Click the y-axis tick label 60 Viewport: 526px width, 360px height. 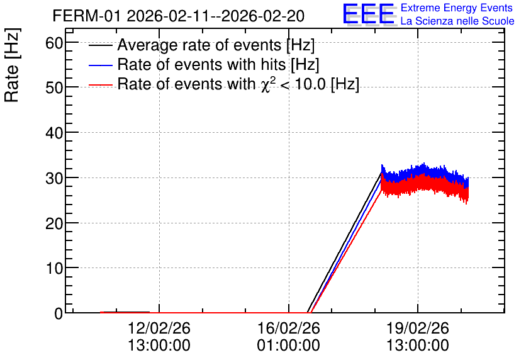(x=54, y=43)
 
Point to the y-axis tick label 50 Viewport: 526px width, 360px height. (x=54, y=88)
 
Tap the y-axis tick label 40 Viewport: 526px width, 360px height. (x=54, y=133)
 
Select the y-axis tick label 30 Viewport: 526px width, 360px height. (x=54, y=179)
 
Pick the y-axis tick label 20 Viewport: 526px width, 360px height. (x=54, y=223)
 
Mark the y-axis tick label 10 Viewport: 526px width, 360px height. (x=54, y=268)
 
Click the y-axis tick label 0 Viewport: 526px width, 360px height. (x=59, y=313)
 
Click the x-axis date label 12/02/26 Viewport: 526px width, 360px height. (x=159, y=328)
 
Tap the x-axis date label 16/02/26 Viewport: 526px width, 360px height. (x=289, y=328)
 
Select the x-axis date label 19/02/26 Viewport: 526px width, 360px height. (x=418, y=328)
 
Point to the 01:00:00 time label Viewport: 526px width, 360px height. (x=289, y=346)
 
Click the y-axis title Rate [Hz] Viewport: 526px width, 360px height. (x=12, y=65)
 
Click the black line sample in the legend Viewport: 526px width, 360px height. (x=101, y=45)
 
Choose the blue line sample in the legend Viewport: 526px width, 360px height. (x=101, y=65)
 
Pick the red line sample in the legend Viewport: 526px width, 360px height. (x=101, y=85)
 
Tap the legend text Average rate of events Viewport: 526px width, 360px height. (x=199, y=45)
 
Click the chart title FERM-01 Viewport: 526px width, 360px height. (x=86, y=16)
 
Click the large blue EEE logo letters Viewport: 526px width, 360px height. (x=369, y=14)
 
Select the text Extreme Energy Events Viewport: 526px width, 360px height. (x=457, y=8)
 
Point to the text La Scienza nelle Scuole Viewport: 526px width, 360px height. (x=457, y=21)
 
